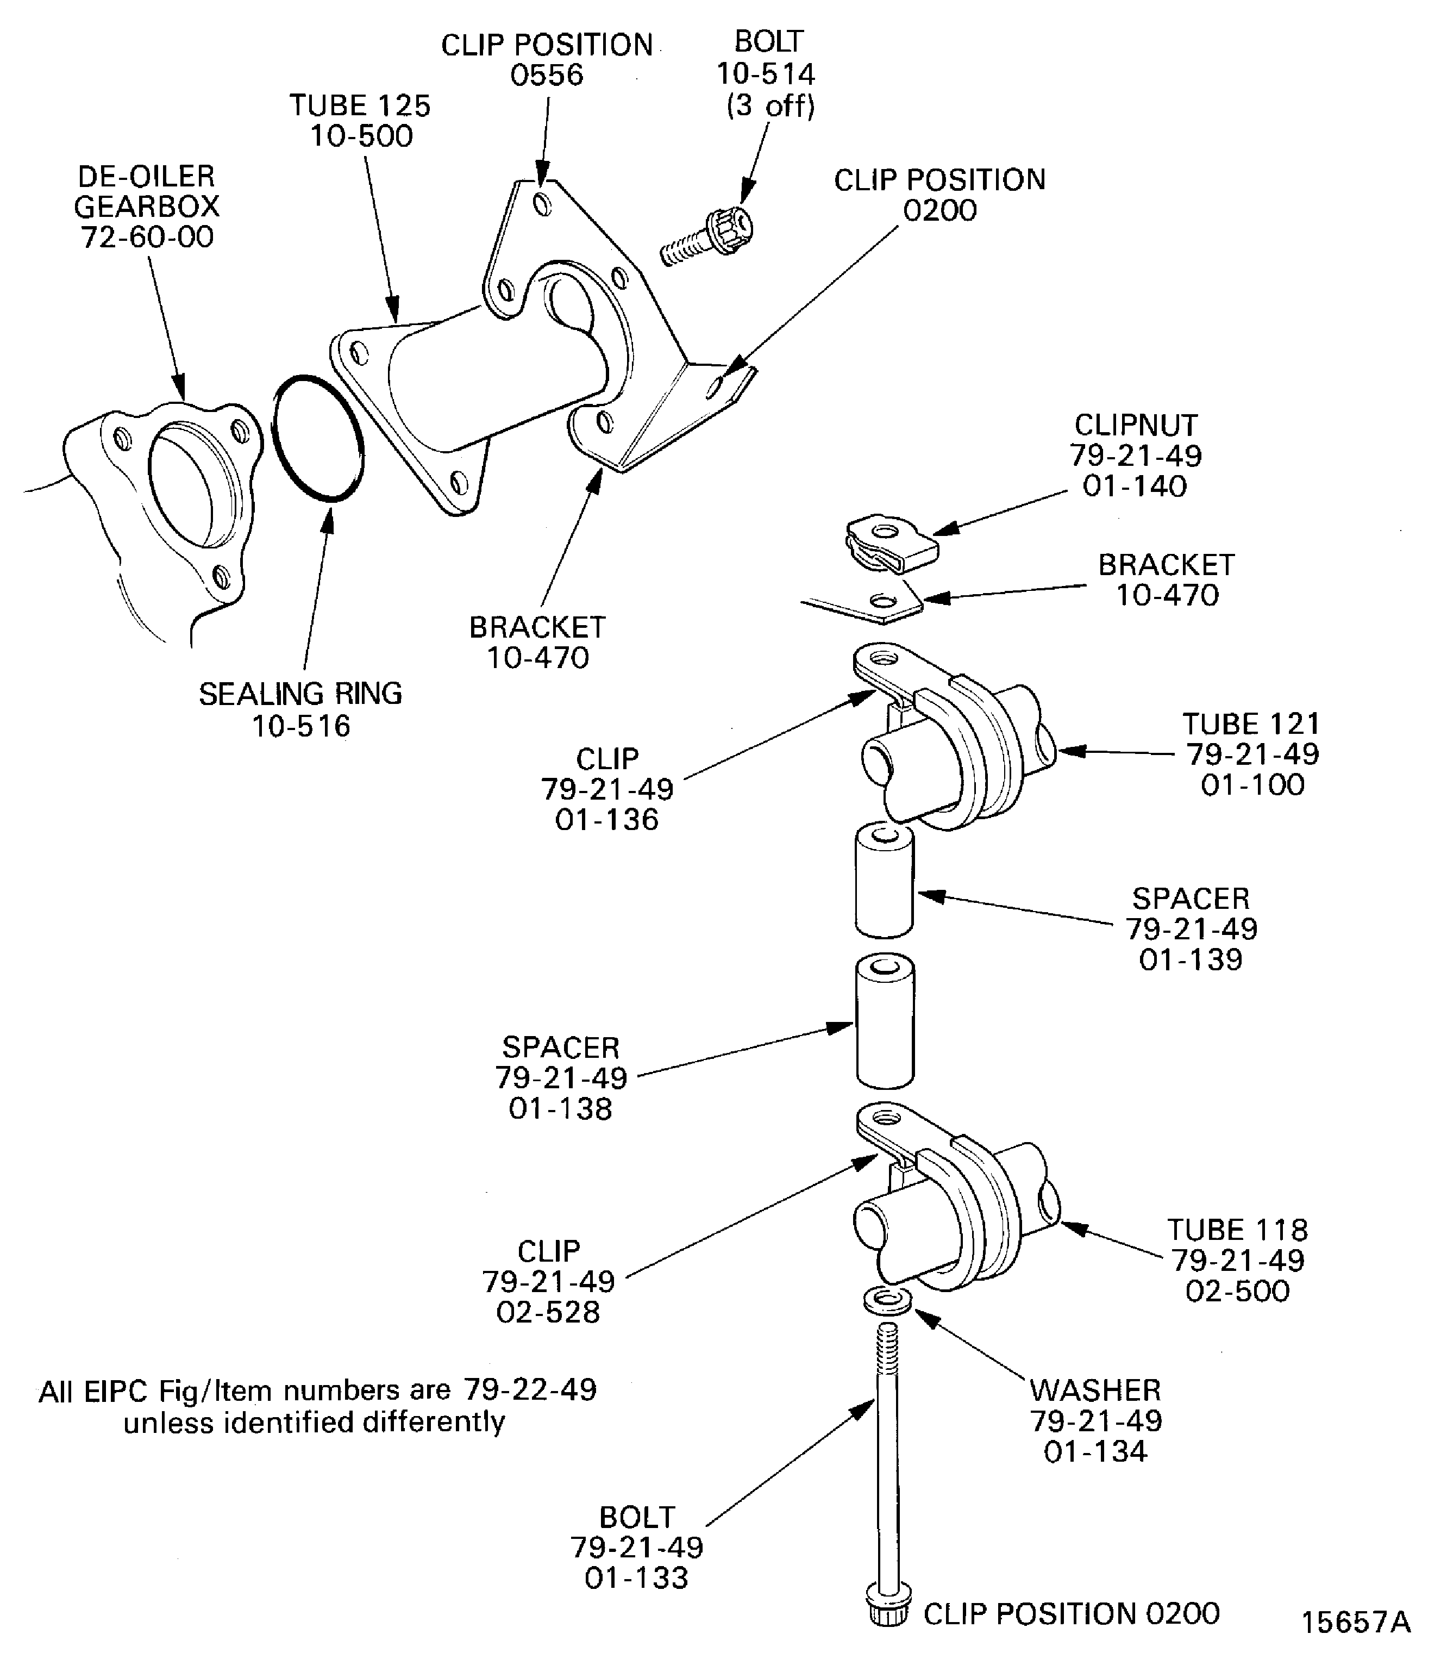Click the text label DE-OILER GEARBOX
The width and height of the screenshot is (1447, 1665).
(147, 191)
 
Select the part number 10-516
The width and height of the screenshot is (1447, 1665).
(301, 726)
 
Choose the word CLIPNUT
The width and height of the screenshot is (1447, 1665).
(1135, 425)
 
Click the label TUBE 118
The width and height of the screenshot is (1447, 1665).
(1237, 1230)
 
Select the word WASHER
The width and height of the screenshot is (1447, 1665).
(1095, 1390)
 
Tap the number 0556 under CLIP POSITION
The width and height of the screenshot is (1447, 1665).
(547, 75)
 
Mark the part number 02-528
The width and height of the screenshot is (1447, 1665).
(548, 1312)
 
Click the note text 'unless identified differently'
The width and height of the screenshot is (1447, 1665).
(314, 1421)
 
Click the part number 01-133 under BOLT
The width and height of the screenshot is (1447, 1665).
(636, 1577)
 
